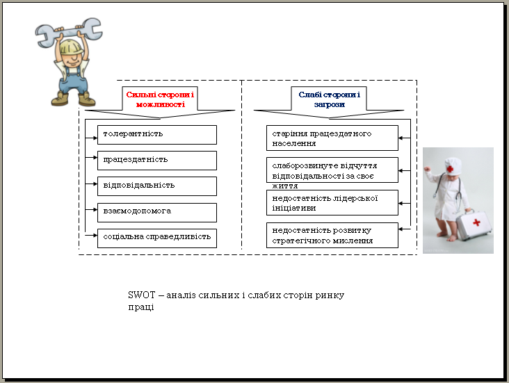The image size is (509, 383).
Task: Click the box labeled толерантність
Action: pyautogui.click(x=157, y=135)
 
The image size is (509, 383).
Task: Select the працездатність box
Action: pyautogui.click(x=157, y=161)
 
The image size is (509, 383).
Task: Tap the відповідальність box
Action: pyautogui.click(x=157, y=186)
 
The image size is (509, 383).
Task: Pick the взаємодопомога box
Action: pyautogui.click(x=157, y=213)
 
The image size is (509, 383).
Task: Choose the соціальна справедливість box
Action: pyautogui.click(x=157, y=238)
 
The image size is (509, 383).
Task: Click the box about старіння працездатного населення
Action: pyautogui.click(x=332, y=138)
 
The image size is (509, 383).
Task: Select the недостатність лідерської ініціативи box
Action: pyautogui.click(x=332, y=202)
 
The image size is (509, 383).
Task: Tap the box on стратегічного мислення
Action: pyautogui.click(x=332, y=236)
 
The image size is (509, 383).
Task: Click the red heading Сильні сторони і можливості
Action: pyautogui.click(x=160, y=99)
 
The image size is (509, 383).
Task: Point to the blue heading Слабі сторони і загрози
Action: pyautogui.click(x=329, y=99)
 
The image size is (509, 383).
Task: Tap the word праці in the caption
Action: pyautogui.click(x=141, y=307)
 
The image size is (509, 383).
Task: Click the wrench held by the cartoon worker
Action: pyautogui.click(x=69, y=32)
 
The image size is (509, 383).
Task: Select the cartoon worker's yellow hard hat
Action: pyautogui.click(x=72, y=47)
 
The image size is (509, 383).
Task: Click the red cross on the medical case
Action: pyautogui.click(x=476, y=222)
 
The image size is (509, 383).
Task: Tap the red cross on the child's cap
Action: pyautogui.click(x=450, y=169)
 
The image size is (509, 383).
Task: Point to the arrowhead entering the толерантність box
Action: pyautogui.click(x=95, y=138)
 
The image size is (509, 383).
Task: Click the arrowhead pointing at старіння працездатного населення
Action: pyautogui.click(x=401, y=138)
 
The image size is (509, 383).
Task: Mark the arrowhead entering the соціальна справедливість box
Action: pyautogui.click(x=95, y=236)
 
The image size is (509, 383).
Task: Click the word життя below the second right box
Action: pyautogui.click(x=284, y=186)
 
